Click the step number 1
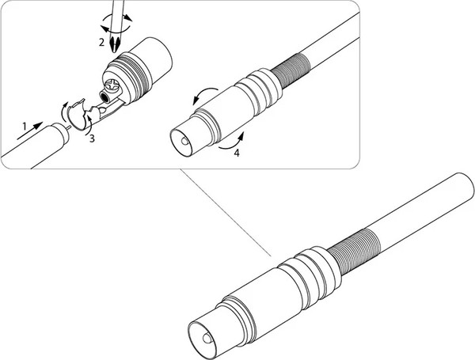(x=25, y=126)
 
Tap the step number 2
(x=102, y=43)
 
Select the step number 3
(x=92, y=138)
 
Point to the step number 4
(x=237, y=153)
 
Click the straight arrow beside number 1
(x=30, y=131)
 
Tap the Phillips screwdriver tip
(x=115, y=45)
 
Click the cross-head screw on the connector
(x=113, y=85)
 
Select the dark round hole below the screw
(x=104, y=97)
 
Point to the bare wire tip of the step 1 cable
(x=69, y=127)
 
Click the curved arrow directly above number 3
(x=89, y=125)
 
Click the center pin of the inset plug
(x=184, y=142)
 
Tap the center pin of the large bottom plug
(x=207, y=339)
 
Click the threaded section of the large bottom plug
(x=354, y=251)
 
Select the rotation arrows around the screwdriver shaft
(x=116, y=23)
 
